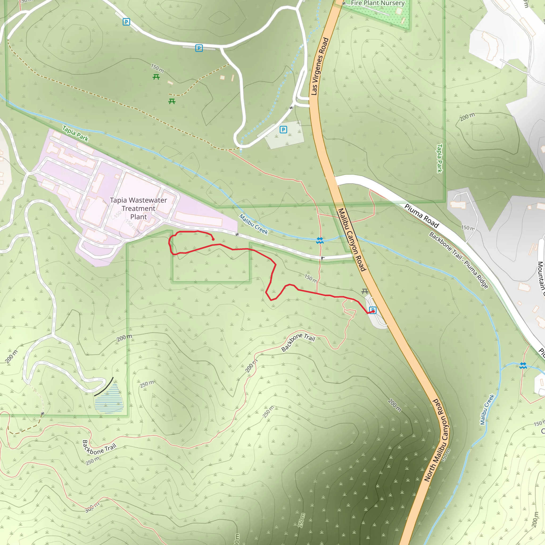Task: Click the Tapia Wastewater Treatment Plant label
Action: [x=138, y=208]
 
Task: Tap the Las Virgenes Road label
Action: [x=320, y=66]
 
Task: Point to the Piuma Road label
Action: [x=422, y=216]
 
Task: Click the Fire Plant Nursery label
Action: [x=377, y=3]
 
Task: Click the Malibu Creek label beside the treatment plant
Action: [x=253, y=224]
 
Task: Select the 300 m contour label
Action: [x=92, y=508]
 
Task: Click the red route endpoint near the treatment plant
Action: [x=213, y=240]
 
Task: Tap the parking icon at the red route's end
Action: [x=373, y=310]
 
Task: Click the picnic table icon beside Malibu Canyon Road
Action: [x=365, y=291]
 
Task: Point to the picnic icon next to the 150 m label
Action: [x=156, y=77]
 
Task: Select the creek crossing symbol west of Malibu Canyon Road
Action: [x=320, y=241]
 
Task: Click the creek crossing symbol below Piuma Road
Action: [x=523, y=366]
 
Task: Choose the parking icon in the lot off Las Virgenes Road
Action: [x=283, y=130]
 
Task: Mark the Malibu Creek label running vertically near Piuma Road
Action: [x=487, y=409]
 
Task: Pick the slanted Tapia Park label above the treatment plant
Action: [x=75, y=133]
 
